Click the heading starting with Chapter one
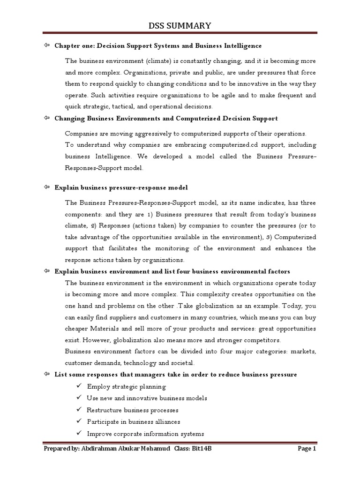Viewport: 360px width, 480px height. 158,46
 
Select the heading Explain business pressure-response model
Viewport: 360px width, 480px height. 121,187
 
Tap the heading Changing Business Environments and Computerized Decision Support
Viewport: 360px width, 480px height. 166,118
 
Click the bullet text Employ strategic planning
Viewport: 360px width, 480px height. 126,387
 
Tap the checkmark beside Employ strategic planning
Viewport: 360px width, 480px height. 78,386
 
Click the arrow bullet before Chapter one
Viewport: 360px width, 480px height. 46,45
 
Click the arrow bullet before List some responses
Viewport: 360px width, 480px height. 46,374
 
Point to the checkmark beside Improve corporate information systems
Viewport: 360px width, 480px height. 78,433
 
